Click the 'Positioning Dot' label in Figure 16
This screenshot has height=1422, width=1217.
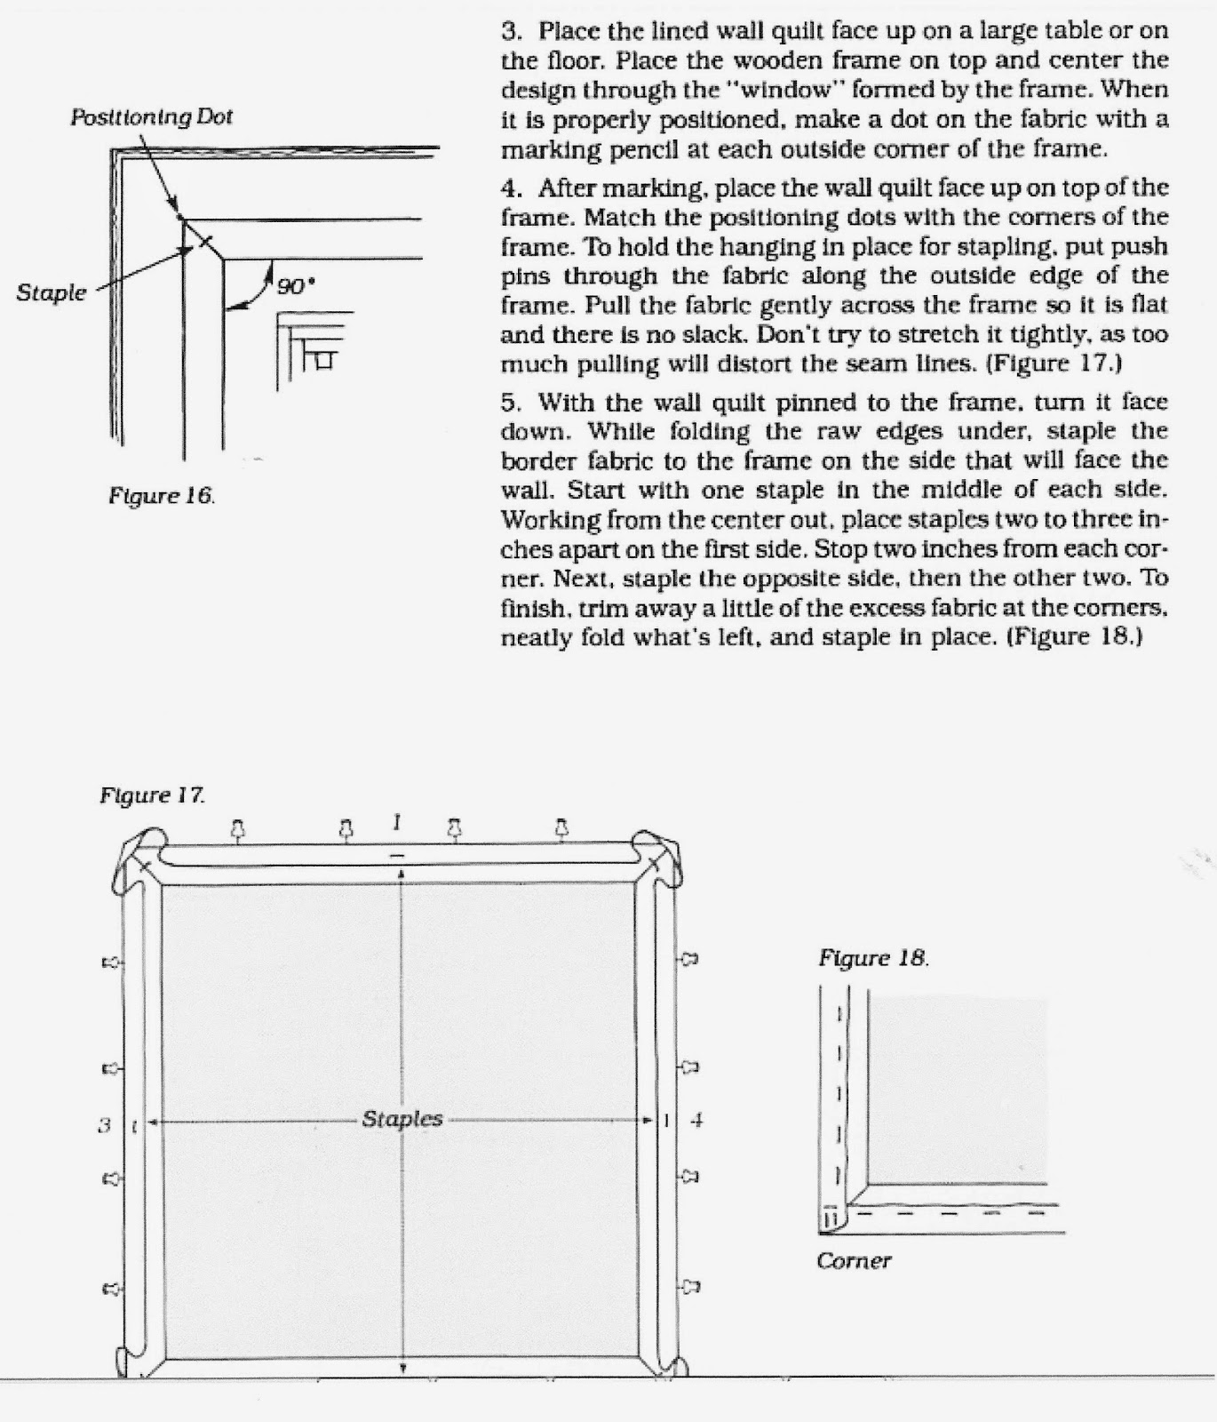pyautogui.click(x=151, y=116)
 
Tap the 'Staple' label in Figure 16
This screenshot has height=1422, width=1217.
pyautogui.click(x=52, y=292)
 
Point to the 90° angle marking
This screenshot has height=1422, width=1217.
pyautogui.click(x=295, y=286)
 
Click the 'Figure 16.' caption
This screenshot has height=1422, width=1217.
pyautogui.click(x=161, y=496)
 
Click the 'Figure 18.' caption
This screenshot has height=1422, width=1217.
pyautogui.click(x=873, y=958)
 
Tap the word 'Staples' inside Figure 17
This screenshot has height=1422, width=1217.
pyautogui.click(x=402, y=1119)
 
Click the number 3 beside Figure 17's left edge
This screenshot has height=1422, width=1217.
pyautogui.click(x=104, y=1124)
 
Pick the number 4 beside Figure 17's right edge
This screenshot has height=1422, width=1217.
pyautogui.click(x=696, y=1121)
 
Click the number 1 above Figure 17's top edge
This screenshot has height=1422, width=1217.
pyautogui.click(x=397, y=822)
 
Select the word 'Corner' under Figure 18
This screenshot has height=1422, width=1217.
pyautogui.click(x=853, y=1260)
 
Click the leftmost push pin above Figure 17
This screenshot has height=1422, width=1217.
pyautogui.click(x=237, y=829)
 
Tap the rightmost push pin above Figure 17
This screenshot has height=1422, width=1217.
pyautogui.click(x=561, y=828)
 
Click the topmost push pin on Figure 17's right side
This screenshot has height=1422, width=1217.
pyautogui.click(x=689, y=959)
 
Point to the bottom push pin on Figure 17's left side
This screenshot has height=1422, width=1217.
pyautogui.click(x=112, y=1288)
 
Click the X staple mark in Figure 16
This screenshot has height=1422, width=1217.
pyautogui.click(x=205, y=240)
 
